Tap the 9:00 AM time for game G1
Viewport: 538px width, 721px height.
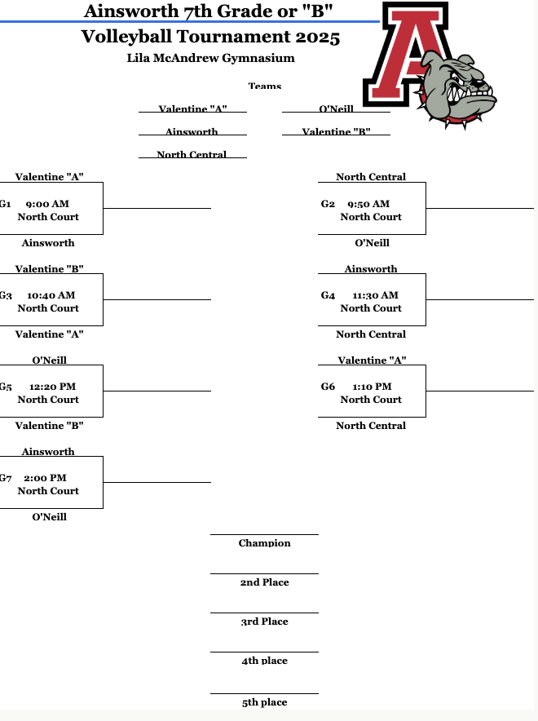click(x=47, y=204)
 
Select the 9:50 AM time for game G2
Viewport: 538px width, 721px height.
click(x=368, y=204)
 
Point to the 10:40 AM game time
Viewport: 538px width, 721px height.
click(x=51, y=295)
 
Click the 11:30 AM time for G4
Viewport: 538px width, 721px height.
click(x=375, y=295)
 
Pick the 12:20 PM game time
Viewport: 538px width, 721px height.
click(x=52, y=387)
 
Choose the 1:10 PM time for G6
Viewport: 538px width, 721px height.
click(x=372, y=387)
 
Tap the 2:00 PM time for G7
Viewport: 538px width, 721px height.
click(x=46, y=478)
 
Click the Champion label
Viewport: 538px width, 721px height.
click(x=264, y=543)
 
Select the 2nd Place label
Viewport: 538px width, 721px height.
click(x=264, y=582)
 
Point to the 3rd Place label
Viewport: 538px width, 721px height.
click(x=264, y=621)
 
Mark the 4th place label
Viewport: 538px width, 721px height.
click(x=264, y=661)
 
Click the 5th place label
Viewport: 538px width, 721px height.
click(x=264, y=702)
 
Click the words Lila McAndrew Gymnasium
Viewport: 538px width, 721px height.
click(x=210, y=58)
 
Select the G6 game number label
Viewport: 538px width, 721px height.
click(x=328, y=387)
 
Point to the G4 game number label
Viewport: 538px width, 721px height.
click(x=328, y=295)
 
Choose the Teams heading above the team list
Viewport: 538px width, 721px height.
click(x=264, y=86)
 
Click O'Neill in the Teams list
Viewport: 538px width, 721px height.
click(x=336, y=109)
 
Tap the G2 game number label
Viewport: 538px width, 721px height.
click(x=328, y=204)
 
